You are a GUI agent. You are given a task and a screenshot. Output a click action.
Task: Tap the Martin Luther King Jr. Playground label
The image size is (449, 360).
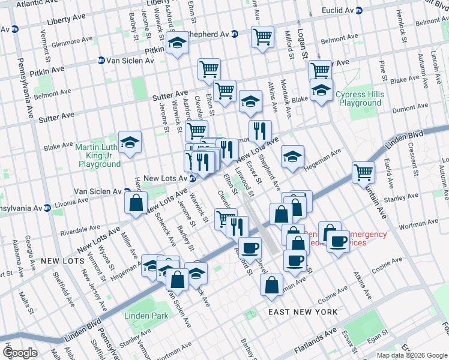click(x=98, y=155)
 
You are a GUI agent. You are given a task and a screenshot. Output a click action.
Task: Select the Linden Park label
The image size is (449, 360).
click(x=146, y=316)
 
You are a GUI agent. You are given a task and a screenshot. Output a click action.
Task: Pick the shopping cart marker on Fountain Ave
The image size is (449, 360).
click(x=363, y=172)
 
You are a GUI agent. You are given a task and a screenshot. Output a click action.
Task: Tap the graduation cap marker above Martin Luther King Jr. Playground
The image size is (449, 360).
click(x=130, y=142)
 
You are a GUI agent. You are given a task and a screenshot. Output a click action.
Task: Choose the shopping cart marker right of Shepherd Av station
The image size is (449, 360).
click(x=262, y=37)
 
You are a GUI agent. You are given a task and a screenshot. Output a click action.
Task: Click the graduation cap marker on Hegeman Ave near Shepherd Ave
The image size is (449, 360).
click(x=292, y=157)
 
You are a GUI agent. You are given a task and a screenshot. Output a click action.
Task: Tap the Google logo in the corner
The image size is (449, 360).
click(x=20, y=353)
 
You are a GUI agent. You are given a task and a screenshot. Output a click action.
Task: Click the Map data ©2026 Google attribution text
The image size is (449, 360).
click(x=412, y=355)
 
